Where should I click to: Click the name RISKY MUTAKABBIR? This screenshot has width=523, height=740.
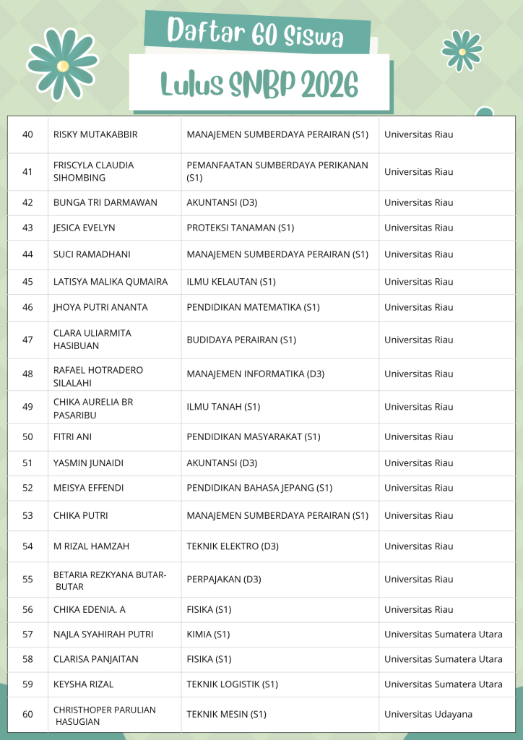click(95, 134)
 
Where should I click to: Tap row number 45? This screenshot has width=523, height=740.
click(28, 282)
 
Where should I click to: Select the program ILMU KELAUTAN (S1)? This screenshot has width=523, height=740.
click(231, 282)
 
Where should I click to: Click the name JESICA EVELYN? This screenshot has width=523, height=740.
click(84, 228)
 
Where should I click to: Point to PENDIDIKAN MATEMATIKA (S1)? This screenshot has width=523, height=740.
click(253, 307)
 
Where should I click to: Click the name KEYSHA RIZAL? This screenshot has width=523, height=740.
click(83, 684)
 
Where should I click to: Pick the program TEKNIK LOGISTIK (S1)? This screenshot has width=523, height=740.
click(232, 684)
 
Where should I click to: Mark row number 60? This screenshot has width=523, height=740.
click(28, 714)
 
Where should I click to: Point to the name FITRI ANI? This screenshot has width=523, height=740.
click(72, 436)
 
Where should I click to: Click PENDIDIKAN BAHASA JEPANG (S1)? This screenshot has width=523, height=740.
click(259, 488)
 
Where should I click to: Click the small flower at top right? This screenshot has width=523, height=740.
click(462, 51)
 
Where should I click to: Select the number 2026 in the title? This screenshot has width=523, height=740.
click(329, 85)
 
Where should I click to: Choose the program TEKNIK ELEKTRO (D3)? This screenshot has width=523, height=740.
click(233, 546)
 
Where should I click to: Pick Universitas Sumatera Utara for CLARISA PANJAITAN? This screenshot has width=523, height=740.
click(443, 659)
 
